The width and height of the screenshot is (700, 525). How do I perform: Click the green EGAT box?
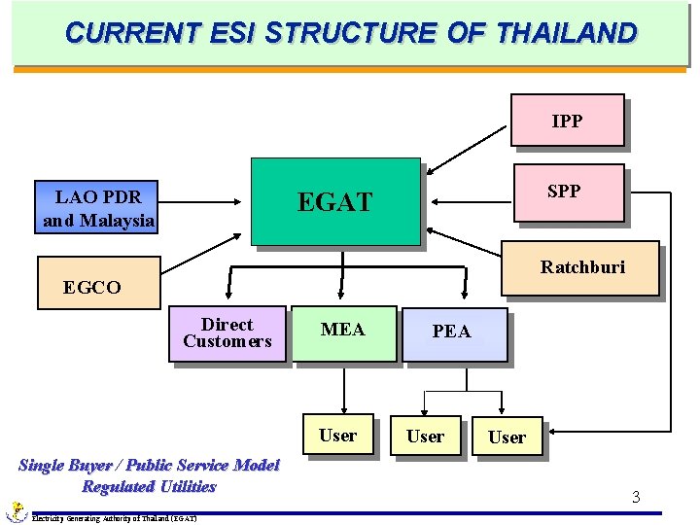[x=335, y=201]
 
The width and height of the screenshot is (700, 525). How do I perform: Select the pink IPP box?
[x=567, y=121]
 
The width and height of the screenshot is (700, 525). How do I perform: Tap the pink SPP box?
[x=564, y=192]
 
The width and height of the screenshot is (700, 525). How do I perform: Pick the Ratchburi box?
[x=582, y=267]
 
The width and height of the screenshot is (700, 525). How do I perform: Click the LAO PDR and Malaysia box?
[x=97, y=209]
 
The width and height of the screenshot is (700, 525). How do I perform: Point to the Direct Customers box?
[x=227, y=334]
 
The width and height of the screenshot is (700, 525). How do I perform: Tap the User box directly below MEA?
[x=338, y=436]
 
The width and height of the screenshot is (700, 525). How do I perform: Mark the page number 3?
[x=636, y=498]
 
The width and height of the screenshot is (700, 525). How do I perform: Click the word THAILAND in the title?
[x=566, y=33]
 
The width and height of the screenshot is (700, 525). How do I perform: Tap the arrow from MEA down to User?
[x=343, y=389]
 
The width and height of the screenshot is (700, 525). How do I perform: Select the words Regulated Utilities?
[x=149, y=486]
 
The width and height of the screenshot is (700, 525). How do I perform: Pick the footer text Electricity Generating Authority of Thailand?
[x=115, y=518]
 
